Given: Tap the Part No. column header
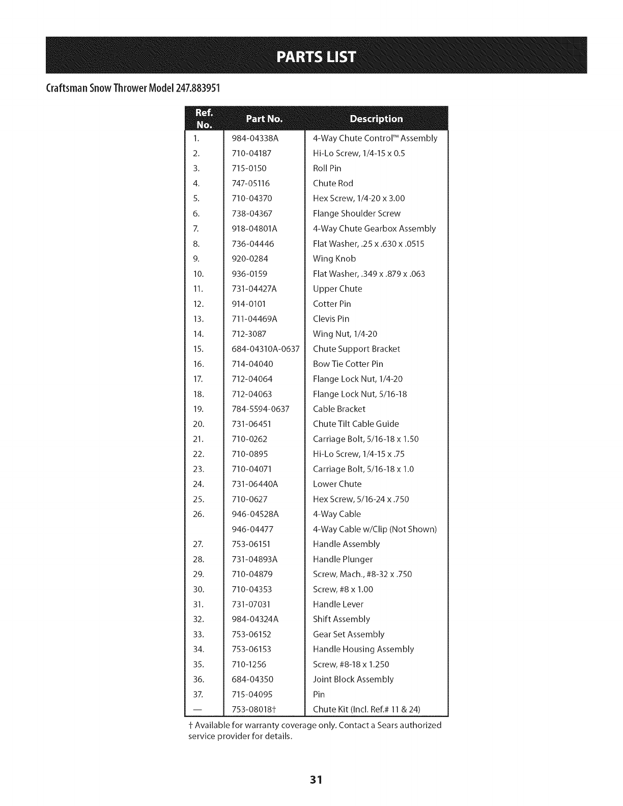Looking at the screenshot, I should (264, 119).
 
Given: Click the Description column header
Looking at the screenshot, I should (376, 119).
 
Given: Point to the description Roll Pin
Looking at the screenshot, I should (327, 168).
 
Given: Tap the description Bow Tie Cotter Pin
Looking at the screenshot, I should (348, 364).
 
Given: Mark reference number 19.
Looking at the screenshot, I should (199, 409).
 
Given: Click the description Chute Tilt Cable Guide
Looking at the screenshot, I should (356, 424).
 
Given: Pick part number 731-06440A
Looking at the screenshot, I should (255, 484).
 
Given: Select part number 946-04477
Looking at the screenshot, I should (252, 529).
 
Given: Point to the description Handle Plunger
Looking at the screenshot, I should (343, 559).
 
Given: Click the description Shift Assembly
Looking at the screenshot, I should (342, 619).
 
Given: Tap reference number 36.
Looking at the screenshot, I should (199, 679).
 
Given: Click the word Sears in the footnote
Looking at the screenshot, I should (388, 725).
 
